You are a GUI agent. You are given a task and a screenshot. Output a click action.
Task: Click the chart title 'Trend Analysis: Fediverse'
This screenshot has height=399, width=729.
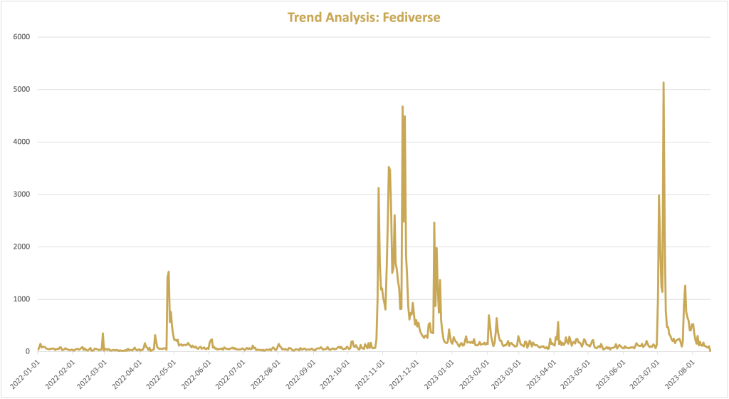click(364, 17)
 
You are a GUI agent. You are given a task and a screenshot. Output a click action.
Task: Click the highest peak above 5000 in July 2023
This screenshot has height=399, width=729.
click(664, 83)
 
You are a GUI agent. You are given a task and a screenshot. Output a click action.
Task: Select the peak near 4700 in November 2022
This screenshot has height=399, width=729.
click(402, 107)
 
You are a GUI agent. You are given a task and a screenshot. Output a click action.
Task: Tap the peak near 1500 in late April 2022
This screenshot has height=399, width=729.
click(169, 272)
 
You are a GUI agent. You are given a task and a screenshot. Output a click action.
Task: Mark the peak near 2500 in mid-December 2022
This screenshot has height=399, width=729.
click(434, 223)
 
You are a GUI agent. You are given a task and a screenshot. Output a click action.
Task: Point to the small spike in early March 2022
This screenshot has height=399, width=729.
click(103, 333)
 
